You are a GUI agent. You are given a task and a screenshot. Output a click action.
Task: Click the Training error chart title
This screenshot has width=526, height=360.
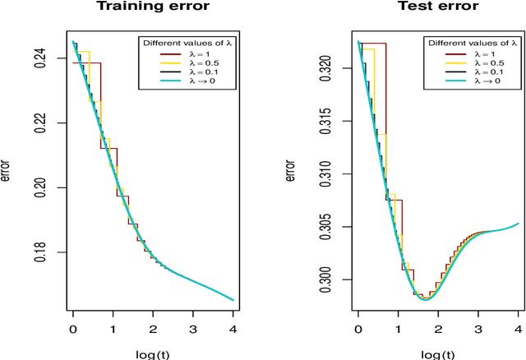coord(153,7)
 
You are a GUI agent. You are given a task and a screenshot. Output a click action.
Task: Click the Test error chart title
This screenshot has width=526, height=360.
coord(437,7)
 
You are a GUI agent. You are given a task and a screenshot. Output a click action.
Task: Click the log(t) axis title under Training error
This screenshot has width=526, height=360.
coord(154,353)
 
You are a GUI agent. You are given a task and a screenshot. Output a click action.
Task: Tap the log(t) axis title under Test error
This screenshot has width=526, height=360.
coord(438,353)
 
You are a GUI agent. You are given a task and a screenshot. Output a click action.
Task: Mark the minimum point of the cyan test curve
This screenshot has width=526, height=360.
coord(425,300)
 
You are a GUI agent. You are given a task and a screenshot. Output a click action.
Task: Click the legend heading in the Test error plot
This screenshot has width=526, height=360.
coord(472,43)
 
